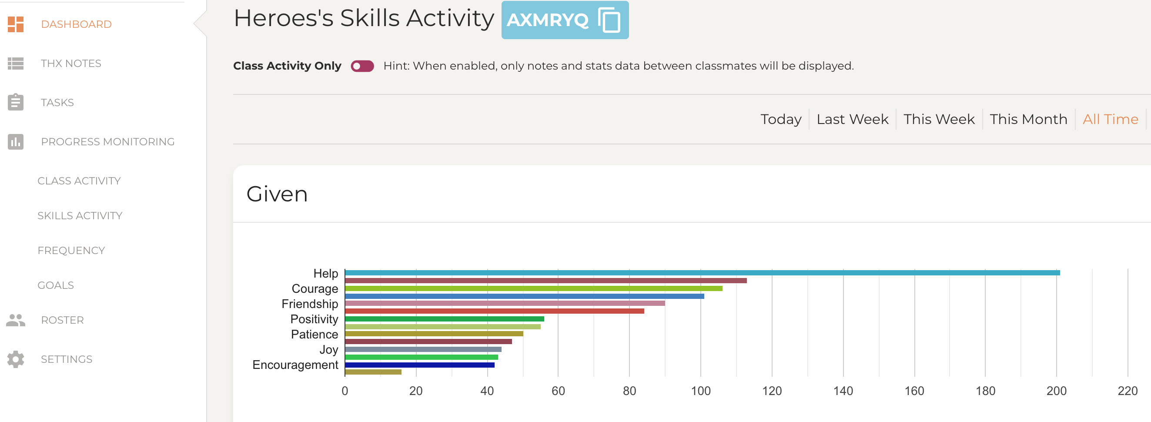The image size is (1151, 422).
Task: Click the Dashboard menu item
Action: [x=76, y=24]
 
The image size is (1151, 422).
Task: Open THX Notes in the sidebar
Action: [x=70, y=64]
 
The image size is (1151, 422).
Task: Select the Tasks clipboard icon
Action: [x=16, y=102]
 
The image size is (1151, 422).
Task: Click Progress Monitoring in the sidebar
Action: [x=107, y=142]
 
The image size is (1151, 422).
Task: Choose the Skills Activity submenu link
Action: [x=80, y=216]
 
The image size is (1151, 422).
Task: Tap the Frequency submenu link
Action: [x=71, y=251]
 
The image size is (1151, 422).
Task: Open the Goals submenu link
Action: [x=55, y=286]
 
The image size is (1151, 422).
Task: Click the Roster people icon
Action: [x=16, y=320]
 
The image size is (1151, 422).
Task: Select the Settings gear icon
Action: [x=16, y=359]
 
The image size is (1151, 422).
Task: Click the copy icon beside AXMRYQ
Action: [x=609, y=20]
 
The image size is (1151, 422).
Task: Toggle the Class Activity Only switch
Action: [x=362, y=66]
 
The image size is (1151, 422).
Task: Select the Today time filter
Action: [x=780, y=119]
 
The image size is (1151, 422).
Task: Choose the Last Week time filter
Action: [x=852, y=119]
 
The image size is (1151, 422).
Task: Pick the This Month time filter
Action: [x=1028, y=119]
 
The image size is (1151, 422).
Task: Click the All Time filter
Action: [x=1110, y=119]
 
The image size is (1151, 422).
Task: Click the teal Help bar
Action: [x=702, y=273]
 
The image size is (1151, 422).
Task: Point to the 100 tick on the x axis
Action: [x=701, y=391]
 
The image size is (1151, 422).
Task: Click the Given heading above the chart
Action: [x=277, y=194]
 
